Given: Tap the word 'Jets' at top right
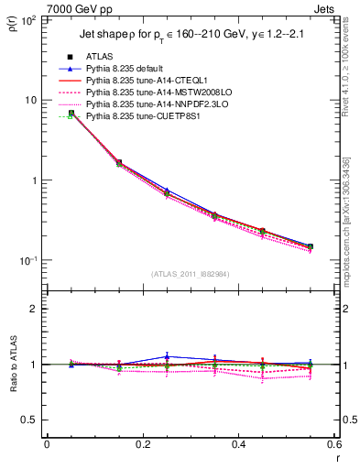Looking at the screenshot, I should pos(326,8).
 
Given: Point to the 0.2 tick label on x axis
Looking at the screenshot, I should pos(142,444).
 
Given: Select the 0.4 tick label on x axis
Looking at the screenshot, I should pos(238,444).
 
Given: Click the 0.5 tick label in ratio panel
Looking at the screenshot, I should pos(30,420).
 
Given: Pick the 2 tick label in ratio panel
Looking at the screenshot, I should pos(34,309).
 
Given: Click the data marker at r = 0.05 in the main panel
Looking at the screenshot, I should pos(71,113).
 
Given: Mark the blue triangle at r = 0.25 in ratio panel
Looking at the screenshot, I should pos(167,356).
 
